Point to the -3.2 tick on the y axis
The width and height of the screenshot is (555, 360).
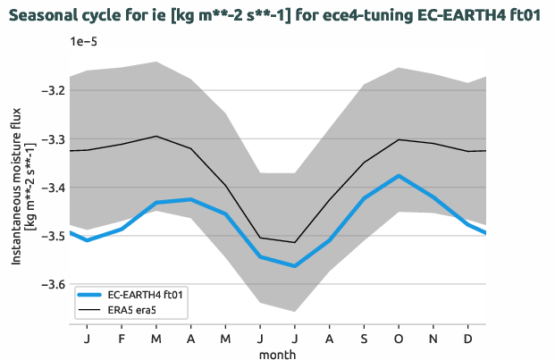[54, 91]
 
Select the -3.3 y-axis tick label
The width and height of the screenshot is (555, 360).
[54, 139]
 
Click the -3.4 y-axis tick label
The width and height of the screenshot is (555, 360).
[54, 188]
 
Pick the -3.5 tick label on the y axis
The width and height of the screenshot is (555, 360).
[54, 236]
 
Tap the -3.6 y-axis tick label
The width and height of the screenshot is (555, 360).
[54, 284]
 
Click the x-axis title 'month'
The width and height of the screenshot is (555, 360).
[278, 354]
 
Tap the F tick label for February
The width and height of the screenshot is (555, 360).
[122, 339]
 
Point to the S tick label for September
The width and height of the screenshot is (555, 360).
[365, 339]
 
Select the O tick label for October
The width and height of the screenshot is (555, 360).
[399, 339]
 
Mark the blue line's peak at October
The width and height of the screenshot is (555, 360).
[399, 176]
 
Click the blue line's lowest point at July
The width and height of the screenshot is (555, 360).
[295, 266]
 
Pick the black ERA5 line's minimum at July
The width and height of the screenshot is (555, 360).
[295, 242]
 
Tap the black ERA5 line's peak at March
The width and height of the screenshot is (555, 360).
[156, 137]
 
